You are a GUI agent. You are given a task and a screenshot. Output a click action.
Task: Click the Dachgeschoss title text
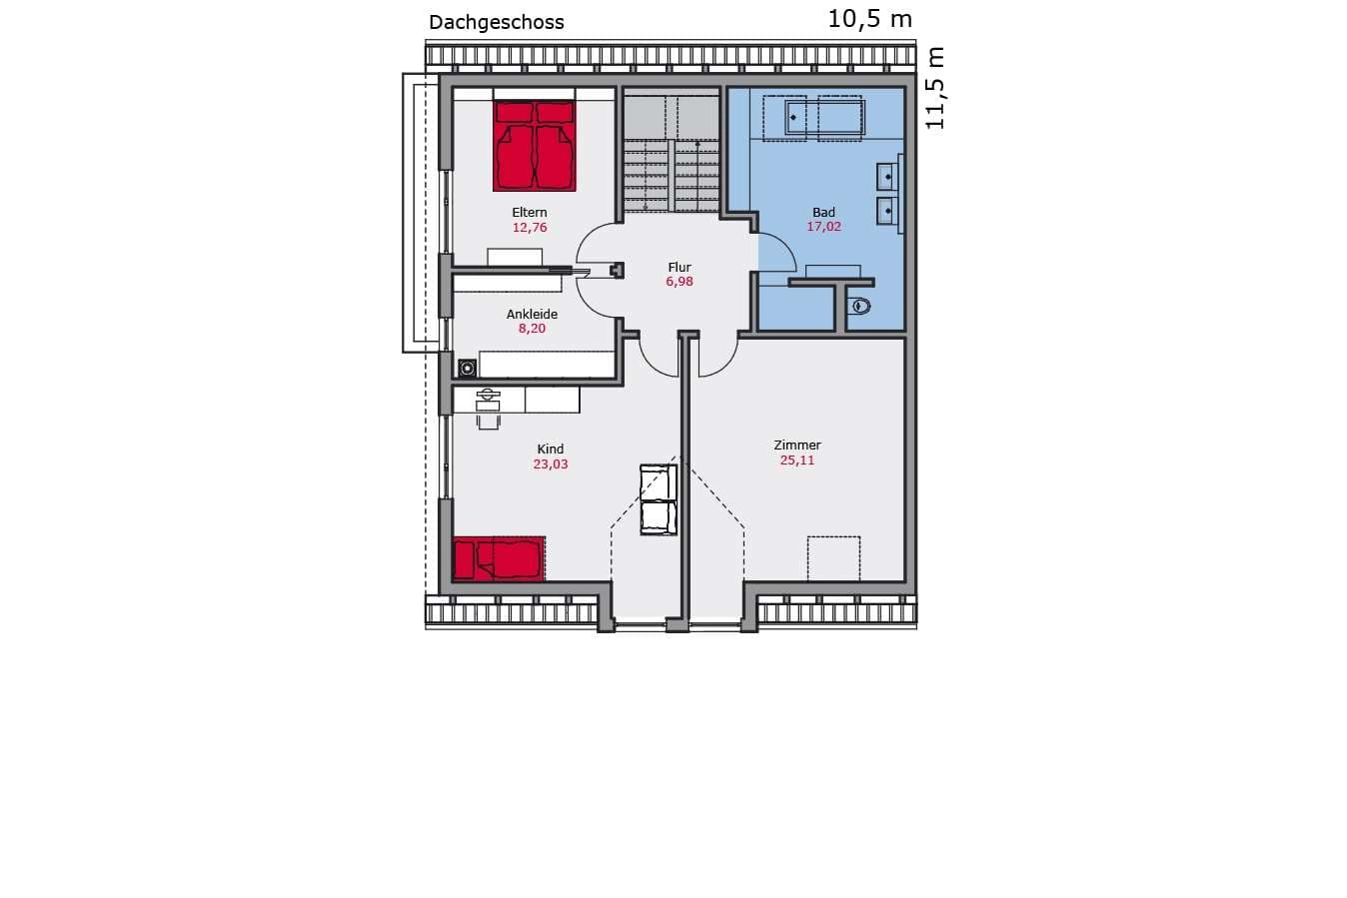pos(496,23)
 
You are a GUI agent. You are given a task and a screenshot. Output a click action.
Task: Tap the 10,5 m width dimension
pos(870,19)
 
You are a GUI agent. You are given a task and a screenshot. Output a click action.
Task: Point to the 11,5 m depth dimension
pos(934,88)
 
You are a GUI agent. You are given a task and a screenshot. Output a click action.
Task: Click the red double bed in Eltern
pos(534,146)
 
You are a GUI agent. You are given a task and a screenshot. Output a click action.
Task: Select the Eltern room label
pos(530,212)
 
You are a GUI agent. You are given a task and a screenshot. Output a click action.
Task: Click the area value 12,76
pos(530,227)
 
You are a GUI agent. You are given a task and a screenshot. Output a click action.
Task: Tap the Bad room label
pos(823,212)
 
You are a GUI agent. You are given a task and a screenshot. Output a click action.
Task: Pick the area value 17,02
pos(823,227)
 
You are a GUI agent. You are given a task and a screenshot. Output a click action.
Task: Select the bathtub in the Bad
pos(824,117)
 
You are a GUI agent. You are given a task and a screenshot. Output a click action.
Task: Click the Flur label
pos(679,267)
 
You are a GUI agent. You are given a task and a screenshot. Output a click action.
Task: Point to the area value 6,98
pos(679,282)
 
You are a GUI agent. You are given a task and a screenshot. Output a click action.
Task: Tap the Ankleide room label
pos(532,315)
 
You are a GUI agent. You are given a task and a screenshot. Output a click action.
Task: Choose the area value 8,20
pos(532,329)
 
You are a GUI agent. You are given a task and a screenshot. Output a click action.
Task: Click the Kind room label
pos(551,449)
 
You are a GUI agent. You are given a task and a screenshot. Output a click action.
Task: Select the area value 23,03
pos(551,464)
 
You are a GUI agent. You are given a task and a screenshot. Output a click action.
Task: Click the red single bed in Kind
pos(499,559)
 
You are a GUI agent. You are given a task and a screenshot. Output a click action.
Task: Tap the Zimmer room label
pos(797,446)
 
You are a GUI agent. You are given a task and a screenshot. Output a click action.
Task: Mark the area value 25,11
pos(797,460)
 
